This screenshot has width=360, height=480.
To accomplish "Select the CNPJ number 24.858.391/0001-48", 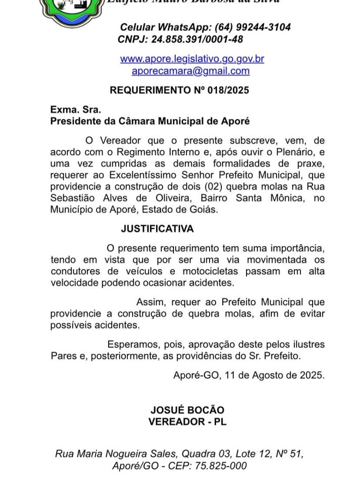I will point(197,39).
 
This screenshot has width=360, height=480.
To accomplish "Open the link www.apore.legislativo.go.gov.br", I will point(192,59).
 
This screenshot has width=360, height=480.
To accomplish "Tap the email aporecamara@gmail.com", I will point(191,71).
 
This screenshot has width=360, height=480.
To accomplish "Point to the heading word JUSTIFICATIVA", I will point(157,229).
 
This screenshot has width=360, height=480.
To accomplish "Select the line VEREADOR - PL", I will point(187,421).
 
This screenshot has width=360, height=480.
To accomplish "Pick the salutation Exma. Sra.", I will point(69,110).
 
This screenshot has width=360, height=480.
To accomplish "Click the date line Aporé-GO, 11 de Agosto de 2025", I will point(248,375).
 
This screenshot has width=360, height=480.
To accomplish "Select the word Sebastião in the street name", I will point(71,198).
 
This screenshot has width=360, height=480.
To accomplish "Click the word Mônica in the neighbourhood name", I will point(287,198).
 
